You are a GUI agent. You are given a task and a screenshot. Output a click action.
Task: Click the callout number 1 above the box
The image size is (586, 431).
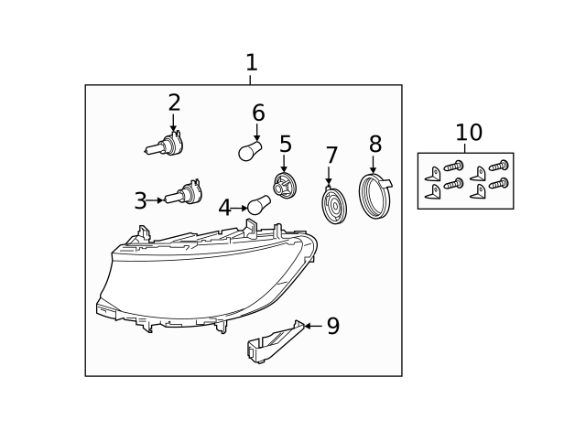coord(251,63)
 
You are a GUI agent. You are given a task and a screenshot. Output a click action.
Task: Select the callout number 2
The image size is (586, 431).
coord(174,103)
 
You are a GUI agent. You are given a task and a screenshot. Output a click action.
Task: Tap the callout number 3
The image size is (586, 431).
coord(140,201)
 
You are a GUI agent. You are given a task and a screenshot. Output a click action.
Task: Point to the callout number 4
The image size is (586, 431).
coord(224,209)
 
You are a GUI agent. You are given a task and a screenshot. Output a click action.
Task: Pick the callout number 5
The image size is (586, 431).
coord(286,145)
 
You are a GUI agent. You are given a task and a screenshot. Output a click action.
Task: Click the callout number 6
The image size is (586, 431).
coord(258,113)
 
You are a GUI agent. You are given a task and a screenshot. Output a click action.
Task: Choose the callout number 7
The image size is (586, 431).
coord(331,156)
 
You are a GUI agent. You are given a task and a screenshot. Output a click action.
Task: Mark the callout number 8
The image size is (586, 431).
coord(374,145)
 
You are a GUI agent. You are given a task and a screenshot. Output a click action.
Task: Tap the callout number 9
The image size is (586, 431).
coord(332,327)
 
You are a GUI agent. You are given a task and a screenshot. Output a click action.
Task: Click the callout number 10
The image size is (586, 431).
coord(468,134)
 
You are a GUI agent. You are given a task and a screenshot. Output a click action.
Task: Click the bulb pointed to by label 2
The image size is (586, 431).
coord(165,145)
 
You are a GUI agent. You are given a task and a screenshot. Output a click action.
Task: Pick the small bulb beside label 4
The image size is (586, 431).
coord(259,205)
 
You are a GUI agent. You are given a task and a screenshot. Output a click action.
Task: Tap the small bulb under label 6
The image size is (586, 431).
coord(250,151)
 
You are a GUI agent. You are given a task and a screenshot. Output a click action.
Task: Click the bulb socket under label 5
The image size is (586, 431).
coord(285,186)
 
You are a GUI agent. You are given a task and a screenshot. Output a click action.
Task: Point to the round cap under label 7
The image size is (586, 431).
coord(334,206)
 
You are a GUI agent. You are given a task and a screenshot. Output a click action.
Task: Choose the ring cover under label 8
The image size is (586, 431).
coord(375,197)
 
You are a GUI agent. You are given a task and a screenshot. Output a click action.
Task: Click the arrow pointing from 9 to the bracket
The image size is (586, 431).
coord(312,326)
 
